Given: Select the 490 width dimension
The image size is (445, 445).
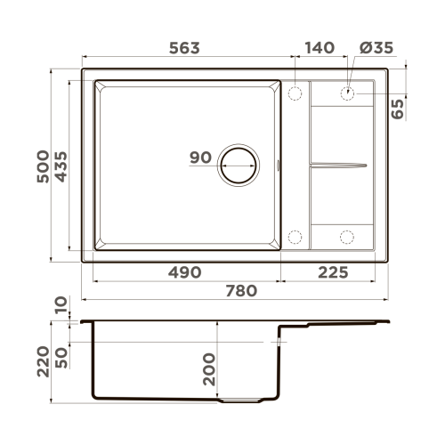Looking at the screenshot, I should (x=183, y=271).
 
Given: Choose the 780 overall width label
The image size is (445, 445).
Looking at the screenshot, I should (x=239, y=290).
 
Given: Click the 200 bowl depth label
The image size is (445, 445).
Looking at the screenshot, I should (x=209, y=368).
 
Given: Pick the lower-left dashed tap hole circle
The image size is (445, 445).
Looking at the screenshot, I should (x=295, y=237).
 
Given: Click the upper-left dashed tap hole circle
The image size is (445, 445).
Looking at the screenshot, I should (x=295, y=93).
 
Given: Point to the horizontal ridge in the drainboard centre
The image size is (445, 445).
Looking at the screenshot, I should (x=338, y=165).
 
